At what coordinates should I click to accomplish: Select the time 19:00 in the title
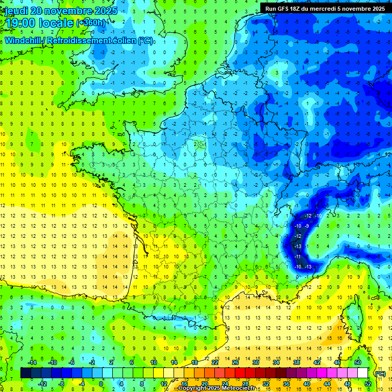coord(20,23)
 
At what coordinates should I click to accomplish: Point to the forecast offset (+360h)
coord(92,23)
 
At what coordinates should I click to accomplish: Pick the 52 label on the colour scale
coord(368,383)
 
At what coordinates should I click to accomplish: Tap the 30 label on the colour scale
coord(255,362)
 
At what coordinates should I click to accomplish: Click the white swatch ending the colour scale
coord(363,373)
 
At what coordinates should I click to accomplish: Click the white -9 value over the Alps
coord(307,226)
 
